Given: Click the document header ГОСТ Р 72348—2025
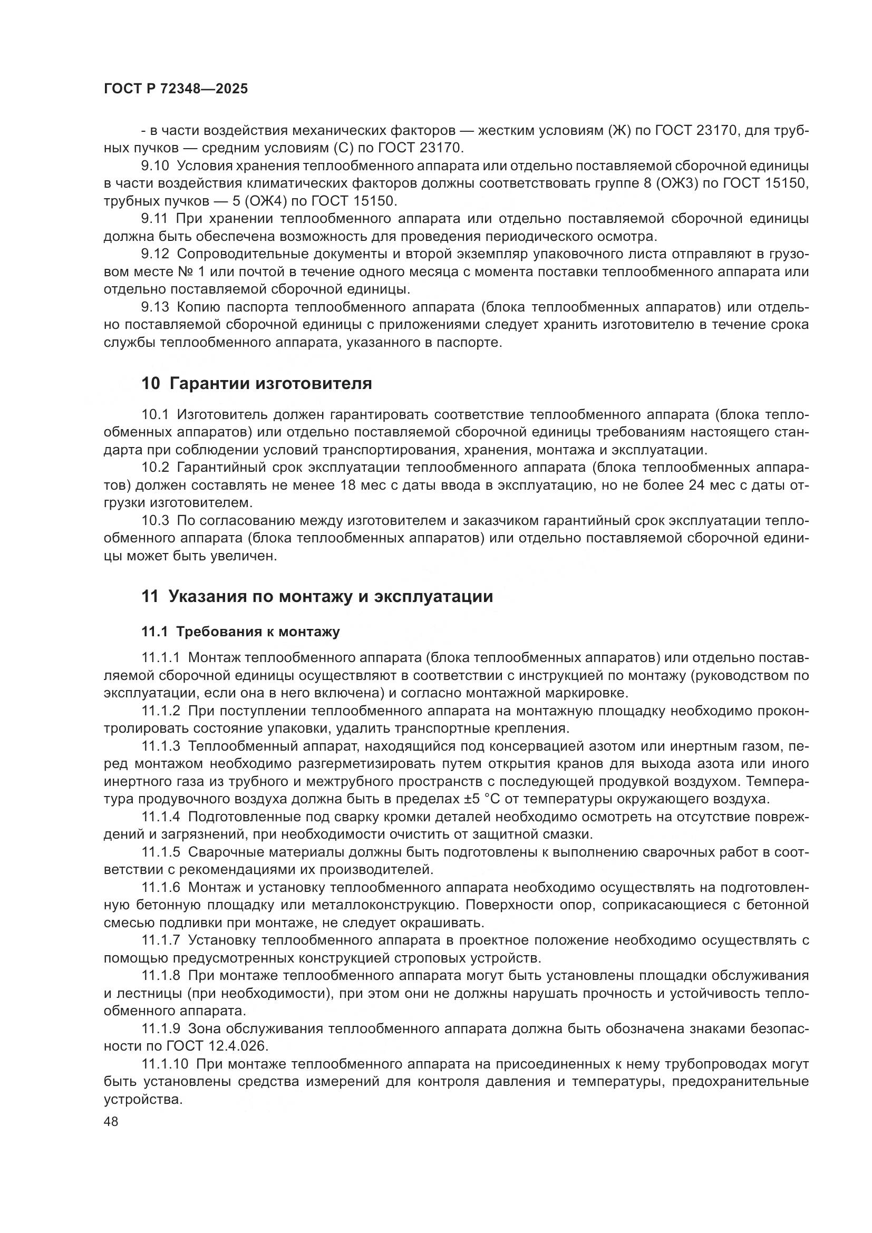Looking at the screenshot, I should coord(176,89).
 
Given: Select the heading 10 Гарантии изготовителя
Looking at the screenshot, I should coord(256,383).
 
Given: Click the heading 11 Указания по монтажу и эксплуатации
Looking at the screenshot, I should coord(317,596).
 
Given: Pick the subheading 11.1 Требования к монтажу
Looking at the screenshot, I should coord(240,632).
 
